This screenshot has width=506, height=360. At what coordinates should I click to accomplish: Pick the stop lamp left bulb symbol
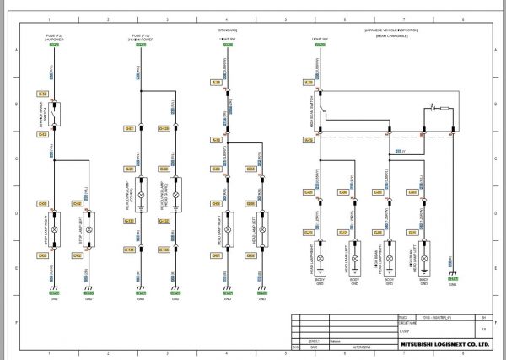tap(89, 228)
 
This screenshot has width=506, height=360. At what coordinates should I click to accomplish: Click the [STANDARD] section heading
tap(227, 29)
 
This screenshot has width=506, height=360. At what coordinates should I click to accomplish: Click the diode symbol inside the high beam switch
tap(433, 108)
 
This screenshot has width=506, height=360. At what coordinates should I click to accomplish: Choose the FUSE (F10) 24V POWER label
tap(141, 38)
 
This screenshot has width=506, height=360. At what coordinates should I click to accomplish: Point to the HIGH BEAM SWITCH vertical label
tap(312, 108)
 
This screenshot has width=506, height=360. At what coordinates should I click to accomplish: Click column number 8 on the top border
tap(463, 19)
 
